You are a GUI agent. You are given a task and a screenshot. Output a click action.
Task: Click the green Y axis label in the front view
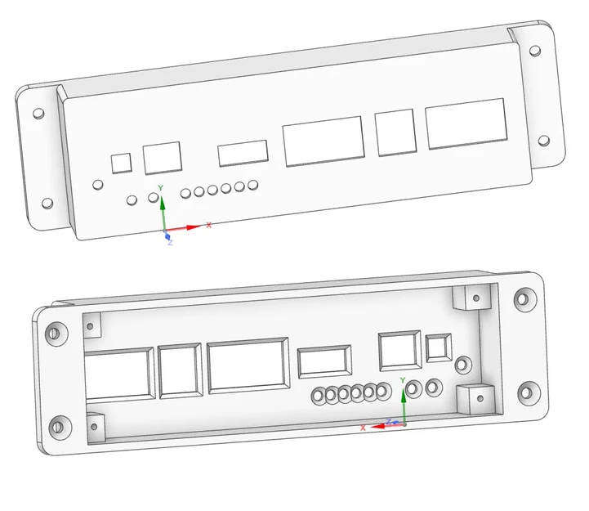tap(161, 188)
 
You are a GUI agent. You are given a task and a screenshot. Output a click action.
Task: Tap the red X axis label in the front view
tap(209, 225)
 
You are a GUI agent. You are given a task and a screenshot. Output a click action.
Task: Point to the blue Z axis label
tap(170, 243)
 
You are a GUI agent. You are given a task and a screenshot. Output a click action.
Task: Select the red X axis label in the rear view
tap(363, 427)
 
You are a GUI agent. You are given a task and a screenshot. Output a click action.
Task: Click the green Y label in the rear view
tap(404, 380)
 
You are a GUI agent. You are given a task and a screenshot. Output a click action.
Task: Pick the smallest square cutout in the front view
tap(122, 162)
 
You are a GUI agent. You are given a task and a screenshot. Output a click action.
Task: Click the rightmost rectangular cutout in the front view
tap(464, 124)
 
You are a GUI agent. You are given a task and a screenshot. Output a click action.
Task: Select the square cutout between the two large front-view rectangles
tap(396, 132)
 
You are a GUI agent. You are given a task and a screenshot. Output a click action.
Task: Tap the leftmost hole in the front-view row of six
tap(186, 194)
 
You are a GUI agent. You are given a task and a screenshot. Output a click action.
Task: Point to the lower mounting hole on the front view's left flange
tap(47, 203)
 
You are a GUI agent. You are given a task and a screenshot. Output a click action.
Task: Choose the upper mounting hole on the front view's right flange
tap(534, 51)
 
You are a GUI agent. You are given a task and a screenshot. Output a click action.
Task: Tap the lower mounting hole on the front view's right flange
tap(545, 140)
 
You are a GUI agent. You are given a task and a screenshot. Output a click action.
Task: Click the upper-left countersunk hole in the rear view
tap(56, 332)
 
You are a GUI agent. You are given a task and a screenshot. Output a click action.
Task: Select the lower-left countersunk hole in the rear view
tap(56, 425)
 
